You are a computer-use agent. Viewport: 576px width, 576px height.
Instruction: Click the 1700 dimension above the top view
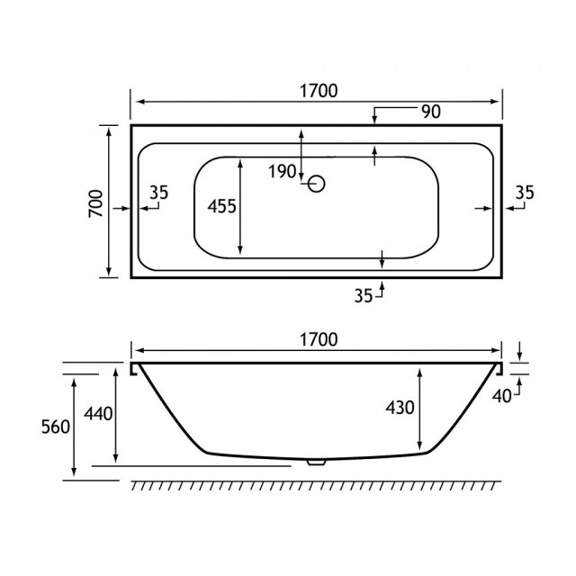319,91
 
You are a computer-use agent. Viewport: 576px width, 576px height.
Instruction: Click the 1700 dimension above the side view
319,340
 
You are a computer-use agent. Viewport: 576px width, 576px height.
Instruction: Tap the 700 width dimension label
96,203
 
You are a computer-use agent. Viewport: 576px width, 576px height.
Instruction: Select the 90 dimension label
431,112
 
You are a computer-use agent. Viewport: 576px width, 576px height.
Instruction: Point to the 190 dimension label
282,172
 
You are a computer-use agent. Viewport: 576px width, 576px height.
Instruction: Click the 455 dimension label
221,206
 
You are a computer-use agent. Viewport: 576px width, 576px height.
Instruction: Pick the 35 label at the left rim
159,193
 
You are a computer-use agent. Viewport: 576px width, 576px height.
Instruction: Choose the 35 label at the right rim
525,193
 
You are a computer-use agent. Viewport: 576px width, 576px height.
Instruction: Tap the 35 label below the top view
364,296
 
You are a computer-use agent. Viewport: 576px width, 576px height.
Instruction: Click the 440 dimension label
98,414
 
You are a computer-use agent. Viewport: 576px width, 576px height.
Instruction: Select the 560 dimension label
56,427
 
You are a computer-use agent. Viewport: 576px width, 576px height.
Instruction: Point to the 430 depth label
400,408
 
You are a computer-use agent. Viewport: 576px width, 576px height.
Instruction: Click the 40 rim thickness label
501,396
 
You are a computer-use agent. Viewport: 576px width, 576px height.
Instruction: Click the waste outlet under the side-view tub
317,462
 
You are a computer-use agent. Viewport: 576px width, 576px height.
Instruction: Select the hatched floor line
316,485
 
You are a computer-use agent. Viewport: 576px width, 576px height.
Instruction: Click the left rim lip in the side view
134,369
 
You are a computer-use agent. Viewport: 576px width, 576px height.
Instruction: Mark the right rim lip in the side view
499,369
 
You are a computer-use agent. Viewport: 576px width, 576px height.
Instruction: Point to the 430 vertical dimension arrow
420,409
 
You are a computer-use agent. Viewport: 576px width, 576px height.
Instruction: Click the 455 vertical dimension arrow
240,207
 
